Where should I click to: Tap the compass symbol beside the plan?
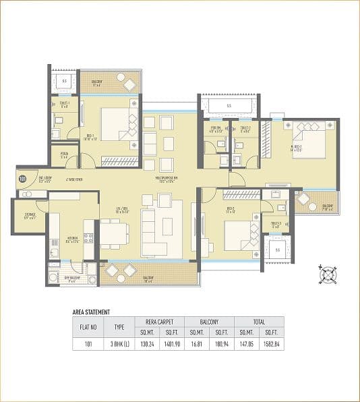[328, 275]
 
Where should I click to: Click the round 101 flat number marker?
[22, 179]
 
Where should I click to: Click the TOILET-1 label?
[64, 104]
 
